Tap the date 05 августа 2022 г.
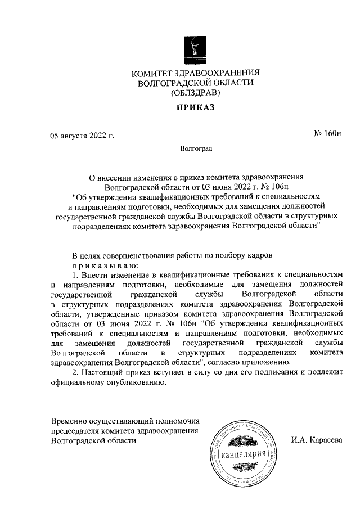click(x=82, y=136)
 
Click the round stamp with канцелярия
click(x=242, y=453)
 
